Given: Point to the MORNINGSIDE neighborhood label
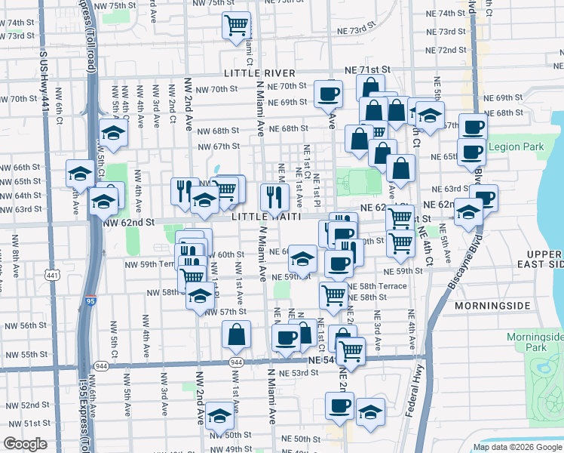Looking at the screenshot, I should pos(490,307).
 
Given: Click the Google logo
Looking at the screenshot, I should pos(25,444).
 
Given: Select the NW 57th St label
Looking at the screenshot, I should pos(226,311).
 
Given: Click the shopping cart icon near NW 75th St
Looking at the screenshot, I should pos(236,25).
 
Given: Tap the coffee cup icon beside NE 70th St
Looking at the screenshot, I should pos(328,94).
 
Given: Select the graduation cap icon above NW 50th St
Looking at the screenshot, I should pos(220,415).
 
